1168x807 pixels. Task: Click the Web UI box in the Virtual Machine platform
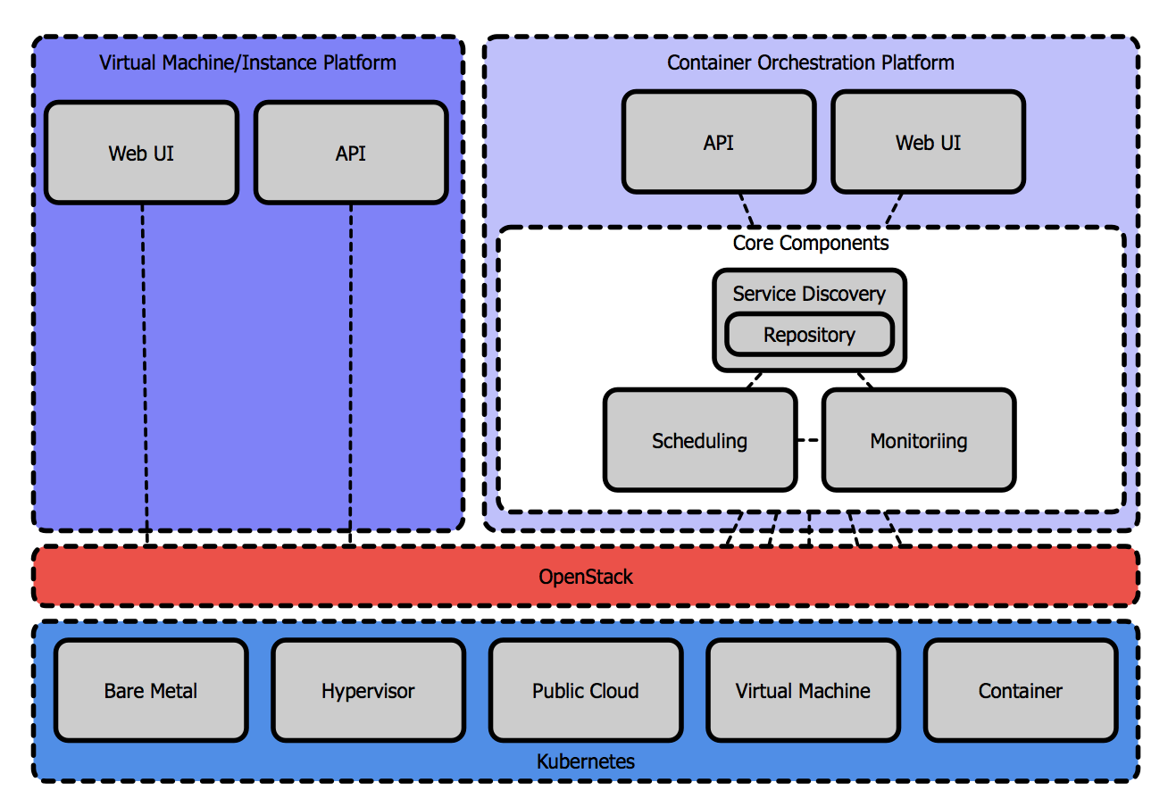click(141, 153)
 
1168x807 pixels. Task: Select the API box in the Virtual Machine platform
click(350, 153)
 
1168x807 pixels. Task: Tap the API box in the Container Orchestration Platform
click(719, 142)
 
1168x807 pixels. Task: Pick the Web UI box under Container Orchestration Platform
click(928, 142)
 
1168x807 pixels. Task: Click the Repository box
click(809, 335)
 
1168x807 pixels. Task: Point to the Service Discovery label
click(809, 294)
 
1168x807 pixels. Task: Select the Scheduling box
click(699, 440)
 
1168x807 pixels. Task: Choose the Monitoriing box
click(918, 440)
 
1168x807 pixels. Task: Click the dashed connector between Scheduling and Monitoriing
click(809, 440)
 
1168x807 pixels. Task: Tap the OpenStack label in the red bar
click(586, 577)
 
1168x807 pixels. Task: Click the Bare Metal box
click(151, 690)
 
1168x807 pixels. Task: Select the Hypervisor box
click(368, 690)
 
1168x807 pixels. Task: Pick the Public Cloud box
click(586, 690)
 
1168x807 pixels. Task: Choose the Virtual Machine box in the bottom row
click(803, 690)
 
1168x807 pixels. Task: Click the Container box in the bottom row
click(1021, 690)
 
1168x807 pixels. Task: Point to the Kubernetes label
click(586, 761)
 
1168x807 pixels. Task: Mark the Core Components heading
click(811, 243)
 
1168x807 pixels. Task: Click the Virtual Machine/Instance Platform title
click(247, 63)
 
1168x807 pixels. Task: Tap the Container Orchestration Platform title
click(811, 62)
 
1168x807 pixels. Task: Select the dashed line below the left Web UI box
click(144, 375)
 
